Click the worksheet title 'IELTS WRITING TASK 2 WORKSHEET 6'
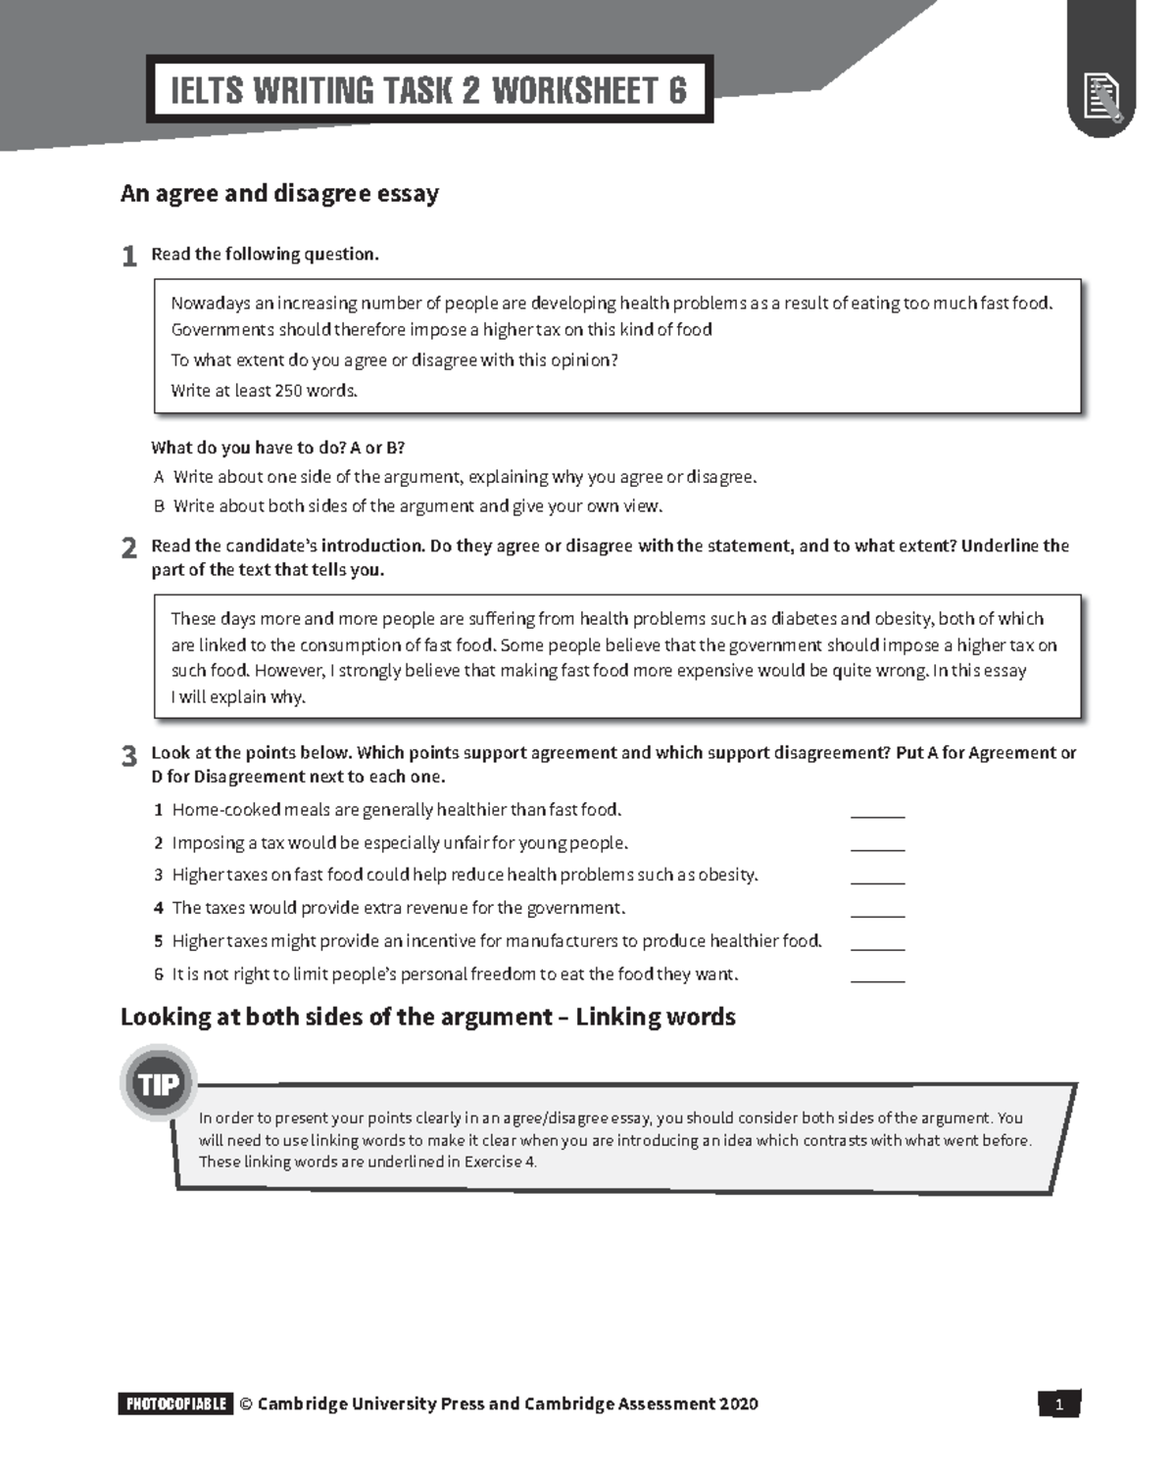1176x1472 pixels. (x=429, y=90)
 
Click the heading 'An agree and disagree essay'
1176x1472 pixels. (x=279, y=194)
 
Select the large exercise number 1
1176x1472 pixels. (x=128, y=257)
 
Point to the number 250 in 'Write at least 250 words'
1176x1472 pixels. (x=288, y=391)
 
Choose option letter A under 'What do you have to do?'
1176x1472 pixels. (x=159, y=478)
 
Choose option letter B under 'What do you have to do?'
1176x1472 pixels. (x=159, y=507)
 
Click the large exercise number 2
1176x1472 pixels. (x=128, y=548)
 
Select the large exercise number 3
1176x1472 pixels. (x=128, y=756)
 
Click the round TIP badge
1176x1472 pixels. (x=158, y=1084)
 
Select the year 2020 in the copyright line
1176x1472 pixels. (x=739, y=1404)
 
